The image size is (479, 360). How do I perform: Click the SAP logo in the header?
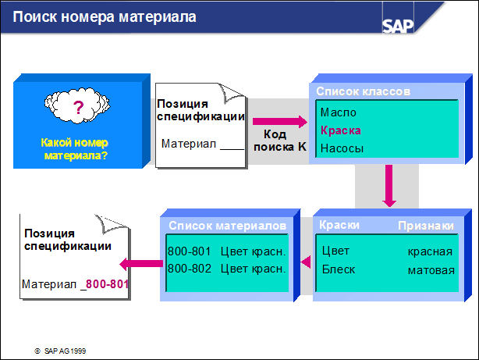pos(398,26)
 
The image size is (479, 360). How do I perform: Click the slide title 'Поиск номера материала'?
pos(105,17)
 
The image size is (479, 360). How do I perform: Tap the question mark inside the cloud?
pos(78,107)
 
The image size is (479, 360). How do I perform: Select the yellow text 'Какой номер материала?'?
pos(74,149)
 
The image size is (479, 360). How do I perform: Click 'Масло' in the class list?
pos(338,112)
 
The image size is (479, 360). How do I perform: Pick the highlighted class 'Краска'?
pos(341,130)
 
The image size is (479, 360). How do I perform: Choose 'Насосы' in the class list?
pos(342,148)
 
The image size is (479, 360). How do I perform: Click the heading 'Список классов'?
pos(363,91)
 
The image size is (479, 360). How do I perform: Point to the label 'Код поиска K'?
pos(280,141)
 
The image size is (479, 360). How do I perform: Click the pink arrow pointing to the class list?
pos(280,121)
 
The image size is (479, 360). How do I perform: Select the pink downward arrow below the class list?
pos(389,186)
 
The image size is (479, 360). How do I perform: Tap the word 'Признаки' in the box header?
pos(426,226)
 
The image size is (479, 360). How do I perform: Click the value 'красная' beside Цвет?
pos(430,251)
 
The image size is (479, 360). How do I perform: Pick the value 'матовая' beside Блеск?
pos(431,270)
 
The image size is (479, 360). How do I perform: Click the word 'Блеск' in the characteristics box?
pos(339,269)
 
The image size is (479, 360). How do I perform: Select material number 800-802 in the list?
pos(190,269)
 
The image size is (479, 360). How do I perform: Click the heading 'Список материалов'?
pos(228,226)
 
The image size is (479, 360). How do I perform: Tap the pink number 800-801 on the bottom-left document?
pos(107,284)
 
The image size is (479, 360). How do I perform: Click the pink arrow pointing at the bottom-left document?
pos(141,264)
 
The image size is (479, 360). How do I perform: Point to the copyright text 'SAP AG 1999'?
pos(65,351)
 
